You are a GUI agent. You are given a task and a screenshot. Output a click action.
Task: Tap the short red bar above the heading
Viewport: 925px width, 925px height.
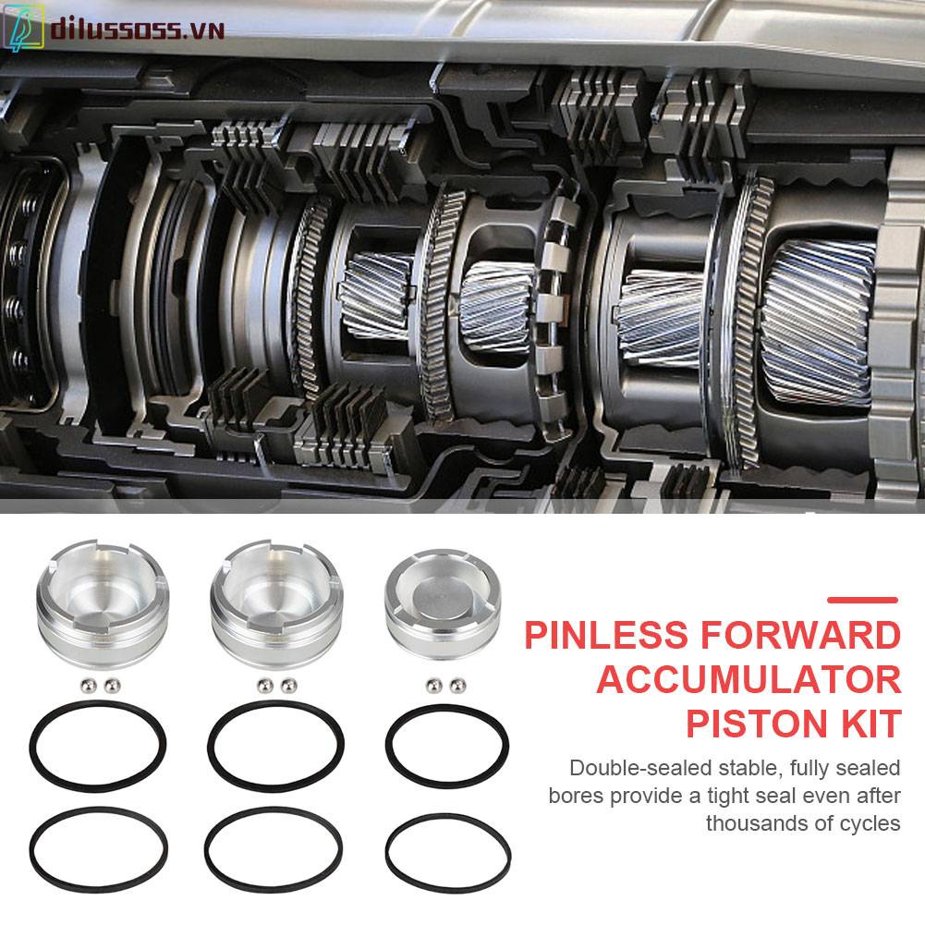point(862,600)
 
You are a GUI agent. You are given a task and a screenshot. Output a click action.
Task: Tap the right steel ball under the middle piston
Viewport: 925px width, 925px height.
point(287,685)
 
